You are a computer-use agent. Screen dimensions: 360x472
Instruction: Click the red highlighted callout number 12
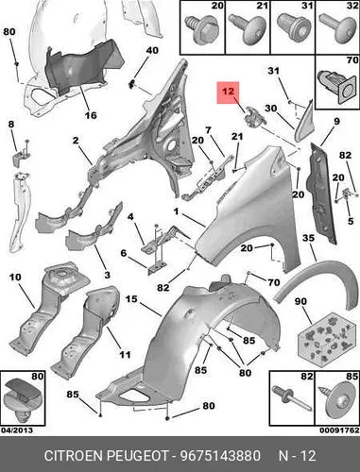(228, 92)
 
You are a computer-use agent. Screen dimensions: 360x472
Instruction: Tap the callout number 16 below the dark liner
(91, 115)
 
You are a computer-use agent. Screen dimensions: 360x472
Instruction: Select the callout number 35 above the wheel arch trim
(308, 238)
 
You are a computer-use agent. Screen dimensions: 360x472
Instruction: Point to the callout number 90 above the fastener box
(300, 301)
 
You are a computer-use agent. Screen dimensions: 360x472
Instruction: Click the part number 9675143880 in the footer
(220, 455)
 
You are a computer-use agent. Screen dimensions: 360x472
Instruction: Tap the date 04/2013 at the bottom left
(17, 430)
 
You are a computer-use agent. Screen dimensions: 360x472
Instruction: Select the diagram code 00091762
(339, 430)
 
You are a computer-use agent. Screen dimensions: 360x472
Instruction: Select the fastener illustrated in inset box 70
(336, 84)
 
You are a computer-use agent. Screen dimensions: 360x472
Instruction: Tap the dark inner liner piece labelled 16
(82, 68)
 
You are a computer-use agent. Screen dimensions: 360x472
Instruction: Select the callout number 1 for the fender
(176, 211)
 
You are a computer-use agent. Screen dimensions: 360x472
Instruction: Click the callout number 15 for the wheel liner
(131, 298)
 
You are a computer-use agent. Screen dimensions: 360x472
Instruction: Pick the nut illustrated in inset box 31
(291, 25)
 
